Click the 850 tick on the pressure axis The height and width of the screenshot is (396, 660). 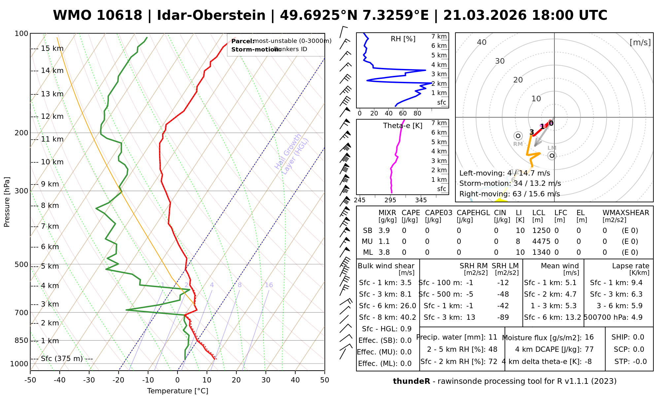(x=21, y=340)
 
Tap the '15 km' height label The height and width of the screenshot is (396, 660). (x=52, y=49)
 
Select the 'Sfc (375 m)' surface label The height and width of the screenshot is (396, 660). (x=62, y=358)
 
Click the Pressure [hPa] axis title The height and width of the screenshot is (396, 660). (x=7, y=202)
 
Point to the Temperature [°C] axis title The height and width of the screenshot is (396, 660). (x=178, y=391)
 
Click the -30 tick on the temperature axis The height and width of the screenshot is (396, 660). (x=89, y=380)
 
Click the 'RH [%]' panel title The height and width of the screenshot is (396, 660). (x=403, y=39)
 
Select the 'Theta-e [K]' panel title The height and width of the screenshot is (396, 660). (x=403, y=126)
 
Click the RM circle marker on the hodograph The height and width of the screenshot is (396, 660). (x=518, y=136)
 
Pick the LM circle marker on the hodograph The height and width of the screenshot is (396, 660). (x=552, y=155)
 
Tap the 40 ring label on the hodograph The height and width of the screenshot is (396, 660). (x=482, y=42)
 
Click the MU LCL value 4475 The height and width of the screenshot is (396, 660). (x=541, y=242)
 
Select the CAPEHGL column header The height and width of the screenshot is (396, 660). (x=473, y=213)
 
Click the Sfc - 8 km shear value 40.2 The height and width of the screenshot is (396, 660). (x=408, y=317)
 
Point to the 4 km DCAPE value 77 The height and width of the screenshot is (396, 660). (x=589, y=349)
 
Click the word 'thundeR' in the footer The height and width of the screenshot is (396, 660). (x=412, y=381)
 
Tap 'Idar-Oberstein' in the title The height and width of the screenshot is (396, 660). (x=211, y=16)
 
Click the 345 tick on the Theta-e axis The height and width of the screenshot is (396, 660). (x=421, y=200)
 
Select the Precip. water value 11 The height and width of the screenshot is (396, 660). (x=493, y=337)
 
